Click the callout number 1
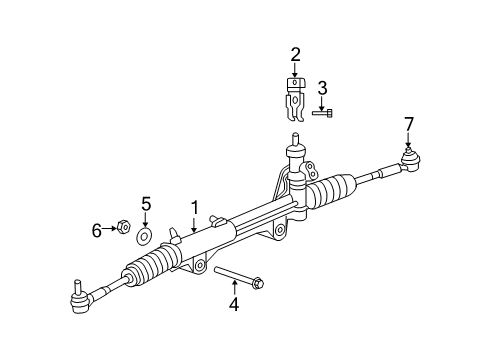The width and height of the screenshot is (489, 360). click(x=195, y=208)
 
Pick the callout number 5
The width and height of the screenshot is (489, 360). click(x=145, y=205)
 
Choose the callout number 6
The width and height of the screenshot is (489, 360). click(x=97, y=230)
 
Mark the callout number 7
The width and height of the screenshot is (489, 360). click(x=408, y=123)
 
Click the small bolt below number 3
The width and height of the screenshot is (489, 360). click(x=321, y=114)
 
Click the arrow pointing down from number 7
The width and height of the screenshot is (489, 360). click(x=408, y=138)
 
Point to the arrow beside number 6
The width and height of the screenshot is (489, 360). click(x=110, y=230)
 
